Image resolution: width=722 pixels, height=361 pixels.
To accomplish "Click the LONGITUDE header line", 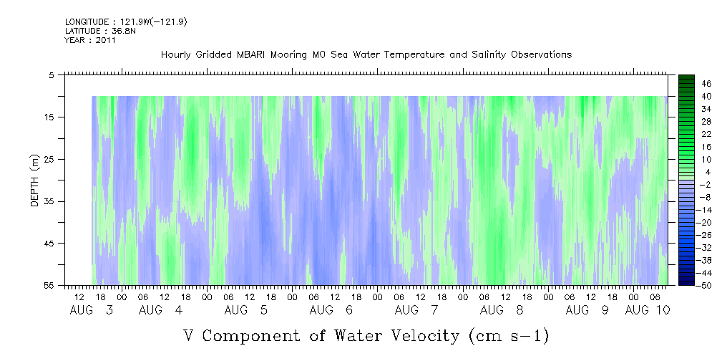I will tap(126, 22).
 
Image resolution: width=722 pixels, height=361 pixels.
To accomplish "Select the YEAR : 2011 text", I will tap(90, 40).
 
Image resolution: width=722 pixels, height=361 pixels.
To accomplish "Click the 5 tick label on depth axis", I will tap(52, 74).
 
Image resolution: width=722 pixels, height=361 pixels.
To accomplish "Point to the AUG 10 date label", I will tap(647, 310).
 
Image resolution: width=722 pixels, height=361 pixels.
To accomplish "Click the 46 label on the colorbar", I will tap(706, 83).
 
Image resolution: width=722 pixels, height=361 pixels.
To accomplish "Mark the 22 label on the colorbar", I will tap(706, 133).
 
